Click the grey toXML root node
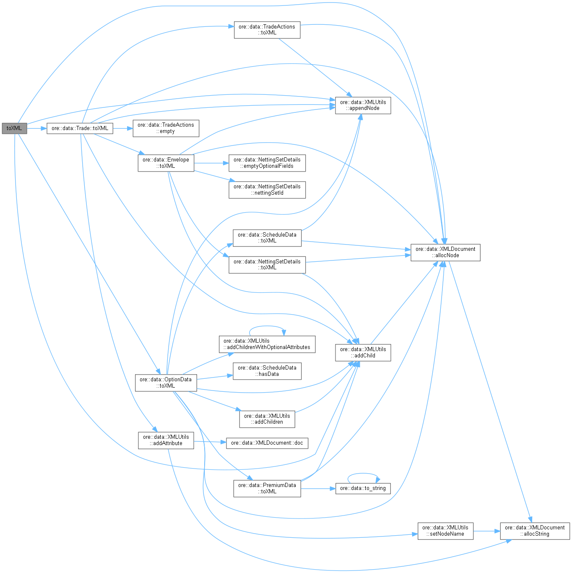click(x=14, y=128)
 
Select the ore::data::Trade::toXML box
click(x=80, y=128)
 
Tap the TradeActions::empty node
click(x=166, y=128)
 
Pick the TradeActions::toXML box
click(x=267, y=30)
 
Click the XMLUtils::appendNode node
click(x=363, y=105)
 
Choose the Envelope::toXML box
click(x=166, y=163)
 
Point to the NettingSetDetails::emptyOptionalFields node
click(x=267, y=163)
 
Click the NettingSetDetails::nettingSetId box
click(x=267, y=190)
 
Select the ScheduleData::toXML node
click(x=267, y=238)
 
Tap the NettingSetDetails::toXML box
click(x=267, y=265)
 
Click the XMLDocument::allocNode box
click(x=445, y=252)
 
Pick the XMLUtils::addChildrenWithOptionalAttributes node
click(x=267, y=344)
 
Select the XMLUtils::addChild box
click(x=363, y=352)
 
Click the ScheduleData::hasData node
click(x=267, y=371)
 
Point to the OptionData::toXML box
click(x=165, y=383)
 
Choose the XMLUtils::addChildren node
click(x=267, y=419)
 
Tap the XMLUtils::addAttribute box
click(x=166, y=440)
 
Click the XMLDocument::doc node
click(x=267, y=443)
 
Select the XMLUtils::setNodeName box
click(x=445, y=531)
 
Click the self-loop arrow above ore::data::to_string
click(x=363, y=474)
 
